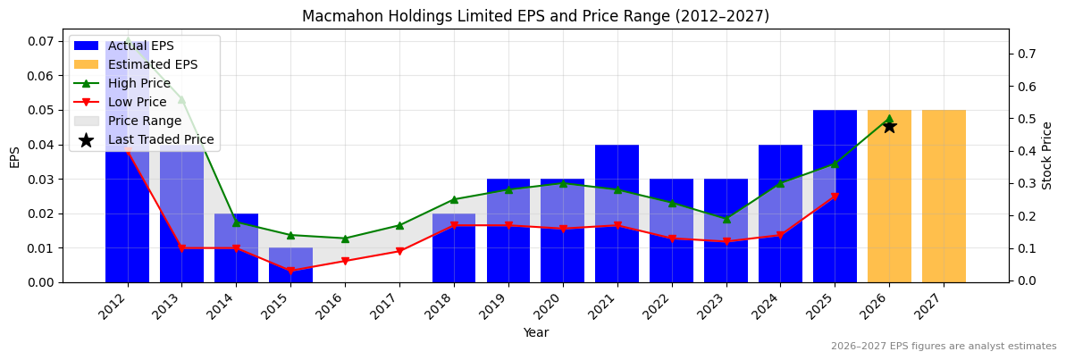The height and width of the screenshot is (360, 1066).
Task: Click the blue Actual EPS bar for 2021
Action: tap(617, 213)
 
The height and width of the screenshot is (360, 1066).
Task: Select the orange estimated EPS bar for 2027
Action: tap(944, 197)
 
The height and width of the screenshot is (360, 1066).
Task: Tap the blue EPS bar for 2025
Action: tap(835, 197)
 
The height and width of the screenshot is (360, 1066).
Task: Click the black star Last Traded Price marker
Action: tap(889, 126)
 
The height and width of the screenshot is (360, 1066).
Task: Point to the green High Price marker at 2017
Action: tap(399, 225)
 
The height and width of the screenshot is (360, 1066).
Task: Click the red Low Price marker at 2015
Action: tap(290, 271)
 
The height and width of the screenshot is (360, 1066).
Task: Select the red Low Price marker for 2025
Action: tap(835, 197)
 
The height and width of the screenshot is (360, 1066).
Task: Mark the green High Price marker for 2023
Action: tap(726, 219)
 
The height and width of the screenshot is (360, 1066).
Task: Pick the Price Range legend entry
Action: tap(144, 121)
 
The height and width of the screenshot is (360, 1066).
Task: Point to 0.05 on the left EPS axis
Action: tap(43, 110)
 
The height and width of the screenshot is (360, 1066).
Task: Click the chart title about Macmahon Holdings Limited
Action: tap(535, 16)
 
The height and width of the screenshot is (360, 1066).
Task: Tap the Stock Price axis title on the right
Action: tap(1047, 155)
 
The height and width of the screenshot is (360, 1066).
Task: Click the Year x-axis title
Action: tap(535, 332)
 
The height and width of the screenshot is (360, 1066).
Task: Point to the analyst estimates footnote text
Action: tap(944, 347)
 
